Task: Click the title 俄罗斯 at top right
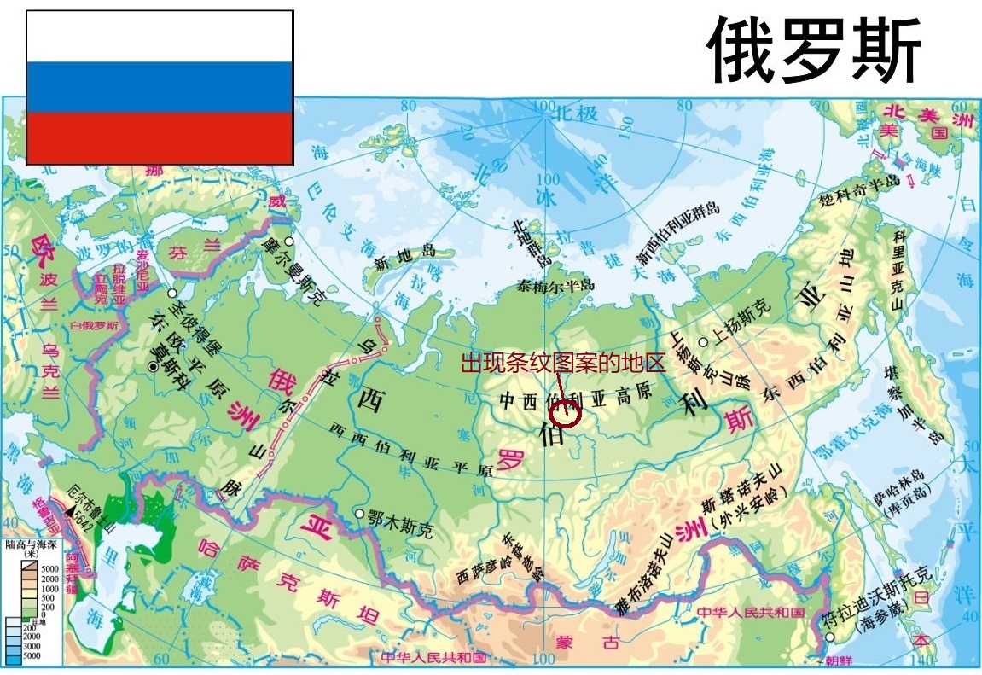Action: click(x=814, y=50)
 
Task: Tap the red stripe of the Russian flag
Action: click(x=160, y=137)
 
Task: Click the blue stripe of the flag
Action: click(x=160, y=88)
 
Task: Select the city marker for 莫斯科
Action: click(x=153, y=367)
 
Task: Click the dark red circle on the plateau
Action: click(x=566, y=413)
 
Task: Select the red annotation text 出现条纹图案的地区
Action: click(x=562, y=364)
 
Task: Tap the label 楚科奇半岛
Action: click(x=859, y=192)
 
